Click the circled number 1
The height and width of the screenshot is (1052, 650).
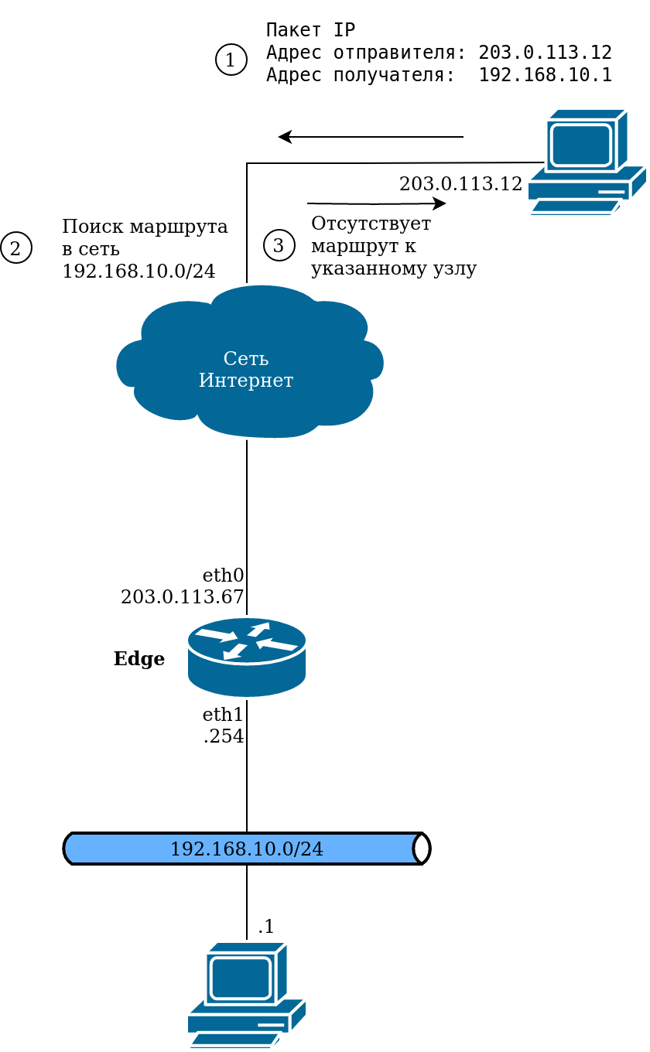pyautogui.click(x=231, y=60)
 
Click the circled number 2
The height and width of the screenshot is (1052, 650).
pyautogui.click(x=16, y=248)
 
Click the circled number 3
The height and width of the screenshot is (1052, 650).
pyautogui.click(x=279, y=245)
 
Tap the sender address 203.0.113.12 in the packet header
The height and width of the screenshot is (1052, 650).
pyautogui.click(x=545, y=53)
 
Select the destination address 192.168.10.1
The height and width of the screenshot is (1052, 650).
pyautogui.click(x=545, y=75)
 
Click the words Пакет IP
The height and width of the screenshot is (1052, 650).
pyautogui.click(x=310, y=30)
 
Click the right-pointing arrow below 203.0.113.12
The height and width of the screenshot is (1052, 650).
pyautogui.click(x=376, y=204)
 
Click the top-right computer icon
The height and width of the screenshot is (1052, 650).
pyautogui.click(x=587, y=162)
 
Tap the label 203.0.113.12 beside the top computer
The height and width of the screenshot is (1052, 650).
pyautogui.click(x=460, y=184)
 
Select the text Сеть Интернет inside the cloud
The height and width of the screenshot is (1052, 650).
pyautogui.click(x=246, y=370)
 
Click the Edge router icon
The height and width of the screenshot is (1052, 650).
pyautogui.click(x=246, y=657)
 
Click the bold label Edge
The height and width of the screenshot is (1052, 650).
pyautogui.click(x=139, y=659)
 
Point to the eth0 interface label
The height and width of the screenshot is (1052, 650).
pyautogui.click(x=223, y=576)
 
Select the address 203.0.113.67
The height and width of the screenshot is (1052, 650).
pyautogui.click(x=182, y=597)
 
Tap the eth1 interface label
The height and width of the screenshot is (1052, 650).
pyautogui.click(x=223, y=715)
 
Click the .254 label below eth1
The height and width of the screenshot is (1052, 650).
pyautogui.click(x=224, y=736)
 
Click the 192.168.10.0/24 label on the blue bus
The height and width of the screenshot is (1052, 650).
pyautogui.click(x=246, y=849)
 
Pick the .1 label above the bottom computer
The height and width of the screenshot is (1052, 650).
pyautogui.click(x=266, y=927)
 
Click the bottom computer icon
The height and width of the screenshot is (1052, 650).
pyautogui.click(x=246, y=995)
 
